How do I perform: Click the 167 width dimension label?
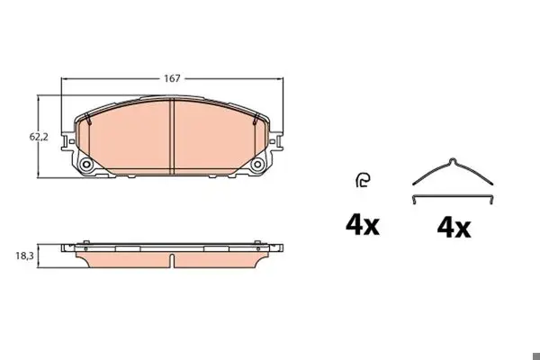[x=172, y=78]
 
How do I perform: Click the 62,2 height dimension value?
[x=39, y=137]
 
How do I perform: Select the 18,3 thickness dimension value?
[x=25, y=256]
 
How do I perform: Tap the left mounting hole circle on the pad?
[x=85, y=165]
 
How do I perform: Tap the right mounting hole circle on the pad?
[x=256, y=165]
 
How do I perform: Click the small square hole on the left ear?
[x=71, y=141]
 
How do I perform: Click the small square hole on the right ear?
[x=272, y=141]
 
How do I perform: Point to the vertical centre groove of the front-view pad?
[x=173, y=137]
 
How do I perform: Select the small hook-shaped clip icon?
[x=363, y=180]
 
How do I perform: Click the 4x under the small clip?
[x=363, y=226]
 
